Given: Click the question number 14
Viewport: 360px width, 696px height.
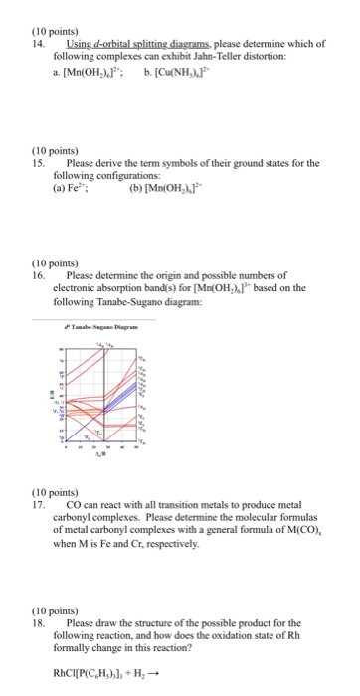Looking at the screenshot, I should point(40,30).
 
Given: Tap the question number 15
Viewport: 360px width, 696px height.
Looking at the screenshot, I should point(40,162).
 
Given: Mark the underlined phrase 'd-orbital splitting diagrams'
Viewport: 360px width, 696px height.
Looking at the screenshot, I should point(126,30).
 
